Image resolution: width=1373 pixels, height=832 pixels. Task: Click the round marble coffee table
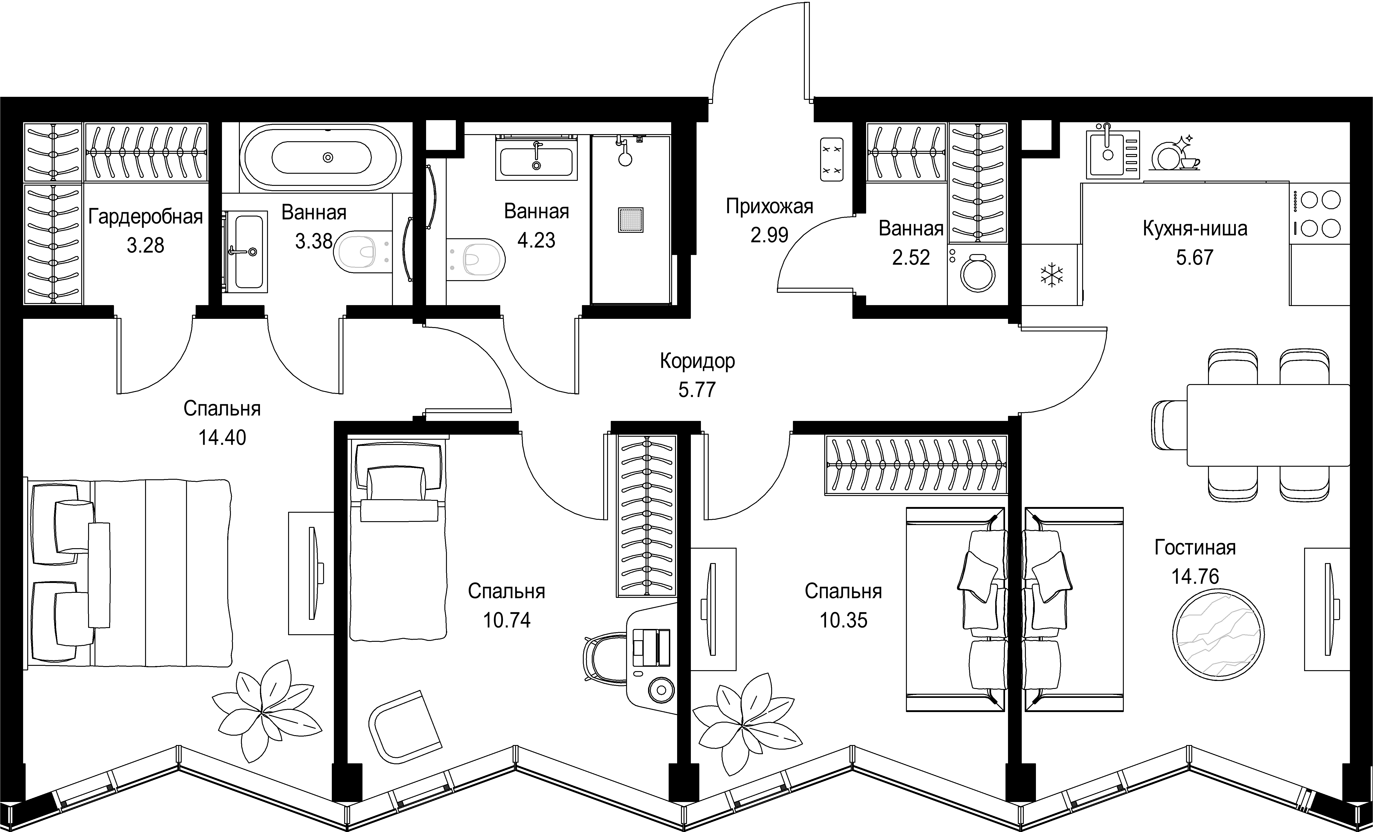tap(1218, 634)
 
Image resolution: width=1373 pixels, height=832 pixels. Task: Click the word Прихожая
tap(770, 206)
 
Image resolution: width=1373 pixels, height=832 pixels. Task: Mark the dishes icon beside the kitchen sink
tap(1175, 153)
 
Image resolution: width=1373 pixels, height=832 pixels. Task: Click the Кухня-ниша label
tap(1195, 228)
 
